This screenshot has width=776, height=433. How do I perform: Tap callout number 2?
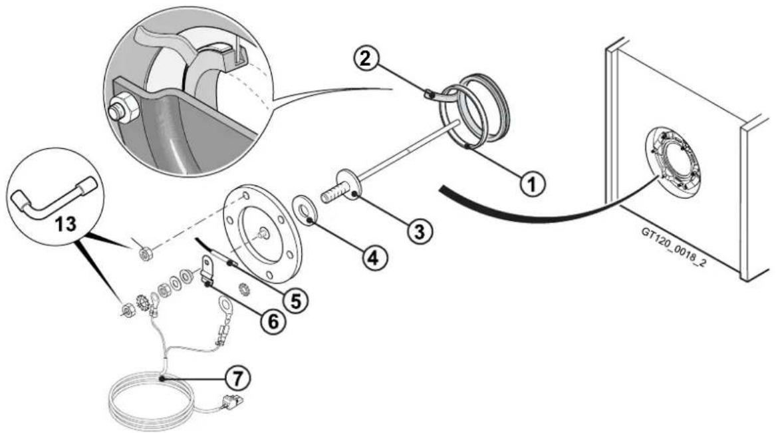[365, 59]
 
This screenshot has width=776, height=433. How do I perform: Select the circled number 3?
[420, 231]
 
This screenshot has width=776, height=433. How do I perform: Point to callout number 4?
[374, 258]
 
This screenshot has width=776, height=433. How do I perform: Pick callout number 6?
[274, 322]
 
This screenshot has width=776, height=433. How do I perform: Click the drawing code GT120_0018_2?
[674, 248]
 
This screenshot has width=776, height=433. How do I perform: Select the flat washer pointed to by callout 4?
[305, 210]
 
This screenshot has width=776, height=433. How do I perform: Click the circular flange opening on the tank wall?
[675, 160]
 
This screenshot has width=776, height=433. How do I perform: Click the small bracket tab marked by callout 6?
[207, 269]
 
